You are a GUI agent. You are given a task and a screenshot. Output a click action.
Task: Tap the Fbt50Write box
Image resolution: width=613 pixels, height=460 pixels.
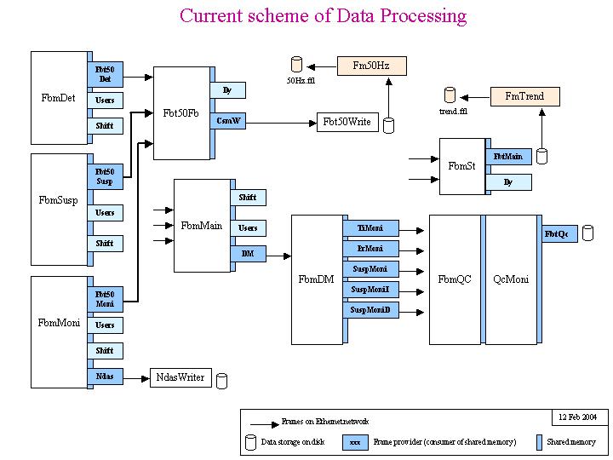(x=347, y=122)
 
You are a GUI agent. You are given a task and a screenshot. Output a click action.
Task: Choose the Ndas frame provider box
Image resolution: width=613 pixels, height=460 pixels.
(x=105, y=376)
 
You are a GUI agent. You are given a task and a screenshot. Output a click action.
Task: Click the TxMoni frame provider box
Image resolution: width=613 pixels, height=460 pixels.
(x=370, y=228)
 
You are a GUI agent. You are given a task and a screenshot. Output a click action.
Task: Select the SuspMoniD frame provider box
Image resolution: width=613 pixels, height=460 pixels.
(x=370, y=310)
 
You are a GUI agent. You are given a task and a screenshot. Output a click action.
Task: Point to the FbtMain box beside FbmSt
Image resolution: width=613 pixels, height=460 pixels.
(x=508, y=156)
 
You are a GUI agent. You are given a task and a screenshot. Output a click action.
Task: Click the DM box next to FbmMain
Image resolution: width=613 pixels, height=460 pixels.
(x=247, y=254)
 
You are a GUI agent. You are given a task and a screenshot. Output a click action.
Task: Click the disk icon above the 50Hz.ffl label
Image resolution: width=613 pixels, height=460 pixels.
(x=297, y=64)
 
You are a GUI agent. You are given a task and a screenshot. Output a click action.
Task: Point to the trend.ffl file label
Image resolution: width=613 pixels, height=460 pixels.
(x=453, y=112)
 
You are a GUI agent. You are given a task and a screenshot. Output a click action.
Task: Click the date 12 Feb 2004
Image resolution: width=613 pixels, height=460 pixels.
(x=579, y=417)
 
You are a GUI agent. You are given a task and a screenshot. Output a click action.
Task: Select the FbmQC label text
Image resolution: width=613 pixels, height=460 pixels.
(x=454, y=279)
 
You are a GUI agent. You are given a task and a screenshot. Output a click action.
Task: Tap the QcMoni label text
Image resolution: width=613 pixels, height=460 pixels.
(x=511, y=279)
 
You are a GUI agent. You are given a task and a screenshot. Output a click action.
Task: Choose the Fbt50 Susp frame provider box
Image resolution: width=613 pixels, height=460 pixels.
(x=105, y=176)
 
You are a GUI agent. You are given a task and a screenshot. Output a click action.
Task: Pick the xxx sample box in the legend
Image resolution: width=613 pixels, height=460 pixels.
(x=355, y=443)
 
